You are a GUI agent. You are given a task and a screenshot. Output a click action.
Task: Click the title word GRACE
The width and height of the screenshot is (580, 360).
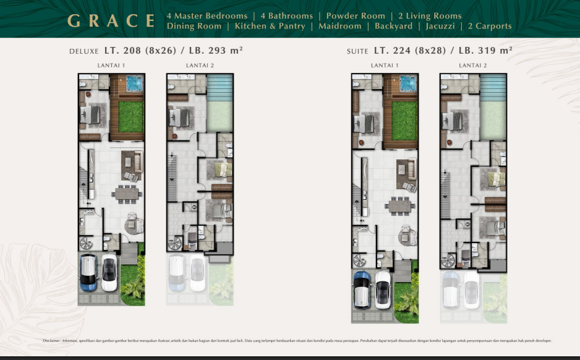click(x=111, y=20)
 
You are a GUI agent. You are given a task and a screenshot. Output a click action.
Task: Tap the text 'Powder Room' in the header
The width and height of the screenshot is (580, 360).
click(x=356, y=15)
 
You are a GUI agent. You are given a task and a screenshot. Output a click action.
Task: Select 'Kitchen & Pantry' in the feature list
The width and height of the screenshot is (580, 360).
click(x=270, y=26)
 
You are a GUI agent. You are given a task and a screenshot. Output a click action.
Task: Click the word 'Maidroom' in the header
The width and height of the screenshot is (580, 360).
click(x=339, y=26)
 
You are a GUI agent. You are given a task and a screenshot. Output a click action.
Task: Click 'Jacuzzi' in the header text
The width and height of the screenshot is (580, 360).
click(x=440, y=26)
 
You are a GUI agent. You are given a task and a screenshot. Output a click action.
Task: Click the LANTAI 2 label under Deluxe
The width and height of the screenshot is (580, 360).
click(x=200, y=65)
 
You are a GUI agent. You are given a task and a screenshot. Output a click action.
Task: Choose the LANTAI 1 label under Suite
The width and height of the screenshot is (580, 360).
click(x=385, y=65)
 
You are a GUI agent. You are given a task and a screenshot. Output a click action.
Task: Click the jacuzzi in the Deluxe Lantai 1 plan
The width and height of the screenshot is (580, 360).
click(x=135, y=82)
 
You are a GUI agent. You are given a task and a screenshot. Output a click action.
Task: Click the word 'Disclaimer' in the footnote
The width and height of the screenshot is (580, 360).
click(x=51, y=341)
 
